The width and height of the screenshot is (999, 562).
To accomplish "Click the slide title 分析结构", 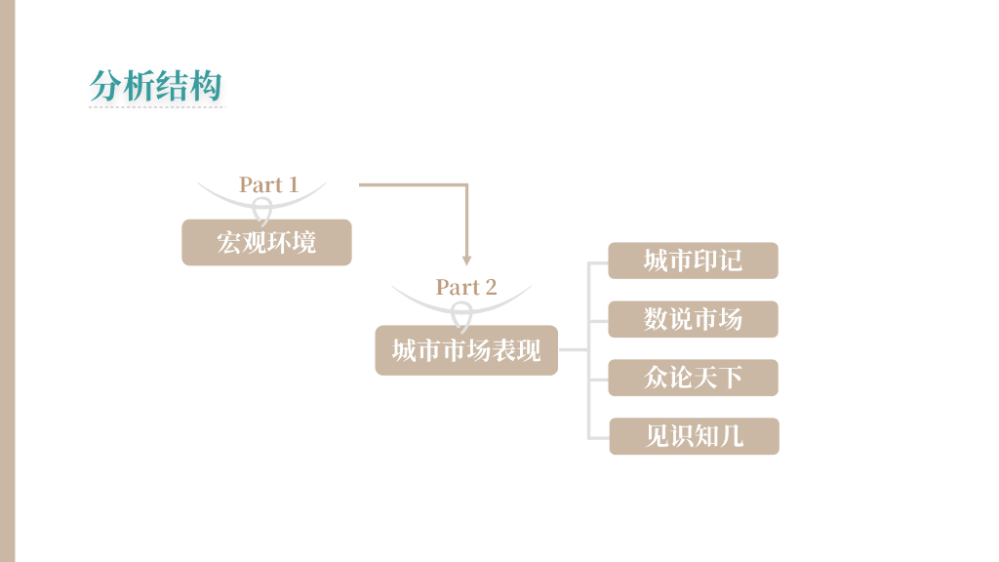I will click(156, 86).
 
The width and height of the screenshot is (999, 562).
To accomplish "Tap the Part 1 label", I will click(268, 184).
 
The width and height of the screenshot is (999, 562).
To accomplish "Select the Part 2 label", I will click(465, 287).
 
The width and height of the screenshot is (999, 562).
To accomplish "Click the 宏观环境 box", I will click(266, 242).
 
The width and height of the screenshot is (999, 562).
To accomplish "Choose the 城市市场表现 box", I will click(466, 350).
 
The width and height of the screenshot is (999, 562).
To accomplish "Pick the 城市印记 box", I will click(693, 261).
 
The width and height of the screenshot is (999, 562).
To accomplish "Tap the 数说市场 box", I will click(693, 319).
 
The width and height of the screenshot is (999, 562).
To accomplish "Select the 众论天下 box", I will click(693, 378).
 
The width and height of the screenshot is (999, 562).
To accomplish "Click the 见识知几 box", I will click(694, 436).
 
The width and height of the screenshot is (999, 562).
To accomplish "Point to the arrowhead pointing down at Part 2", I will click(466, 261).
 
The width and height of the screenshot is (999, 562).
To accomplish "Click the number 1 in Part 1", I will click(292, 184).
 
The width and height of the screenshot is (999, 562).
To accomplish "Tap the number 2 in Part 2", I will click(491, 287).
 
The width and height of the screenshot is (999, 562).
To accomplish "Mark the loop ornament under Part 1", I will click(262, 210).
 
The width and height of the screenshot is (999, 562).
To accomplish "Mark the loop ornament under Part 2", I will click(461, 314).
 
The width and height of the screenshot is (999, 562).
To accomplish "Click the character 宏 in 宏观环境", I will click(229, 242).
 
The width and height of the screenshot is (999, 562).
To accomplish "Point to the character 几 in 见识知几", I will click(732, 436).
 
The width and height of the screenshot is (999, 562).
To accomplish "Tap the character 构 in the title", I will click(207, 86).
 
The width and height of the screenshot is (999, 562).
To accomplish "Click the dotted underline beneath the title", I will click(156, 106).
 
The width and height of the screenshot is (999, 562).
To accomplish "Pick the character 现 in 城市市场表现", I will click(529, 350).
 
